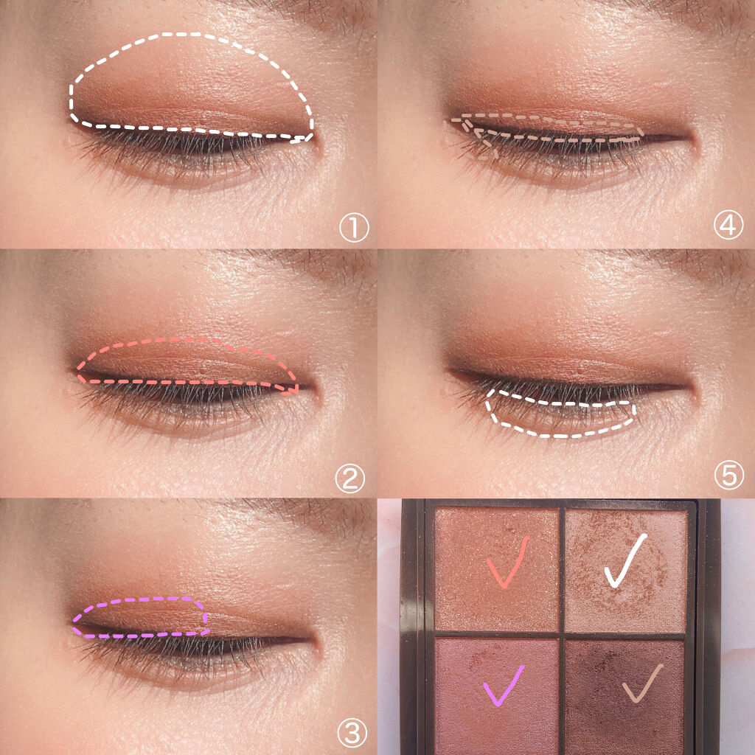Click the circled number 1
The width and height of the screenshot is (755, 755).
(x=354, y=228)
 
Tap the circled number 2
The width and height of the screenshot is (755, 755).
(x=350, y=478)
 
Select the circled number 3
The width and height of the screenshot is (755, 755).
(x=352, y=734)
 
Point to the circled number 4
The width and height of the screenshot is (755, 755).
(x=728, y=225)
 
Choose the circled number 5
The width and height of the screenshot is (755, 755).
(x=729, y=475)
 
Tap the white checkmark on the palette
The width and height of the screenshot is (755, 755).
(x=625, y=560)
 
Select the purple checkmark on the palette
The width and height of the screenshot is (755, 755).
(x=503, y=686)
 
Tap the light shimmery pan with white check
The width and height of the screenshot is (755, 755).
(x=625, y=571)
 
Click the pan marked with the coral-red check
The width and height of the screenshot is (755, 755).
(x=496, y=570)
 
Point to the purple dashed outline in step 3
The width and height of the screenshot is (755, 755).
(x=139, y=599)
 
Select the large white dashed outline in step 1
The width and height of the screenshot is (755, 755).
(x=192, y=35)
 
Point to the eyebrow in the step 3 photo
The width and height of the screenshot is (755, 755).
(x=308, y=513)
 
